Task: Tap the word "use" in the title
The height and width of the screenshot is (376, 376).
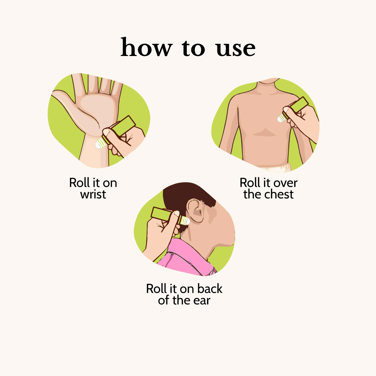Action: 236,49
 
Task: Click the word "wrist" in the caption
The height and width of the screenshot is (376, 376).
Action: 93,194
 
